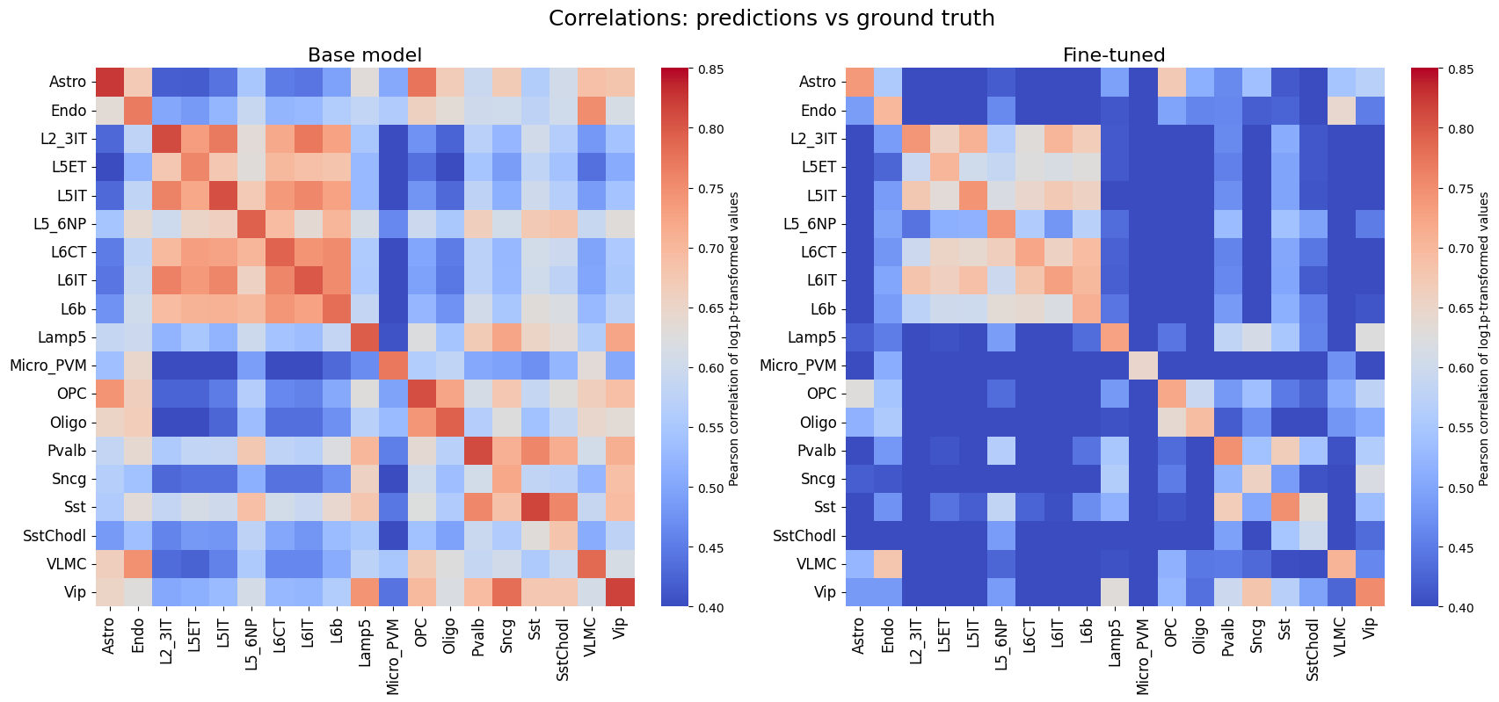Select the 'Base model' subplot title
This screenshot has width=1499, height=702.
[364, 55]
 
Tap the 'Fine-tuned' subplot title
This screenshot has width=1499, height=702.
[1114, 55]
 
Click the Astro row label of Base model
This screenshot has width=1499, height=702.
[68, 82]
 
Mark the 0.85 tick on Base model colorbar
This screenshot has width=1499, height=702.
[710, 69]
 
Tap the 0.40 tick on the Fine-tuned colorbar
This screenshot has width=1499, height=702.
[1460, 607]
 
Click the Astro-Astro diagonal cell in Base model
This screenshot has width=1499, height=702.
[109, 82]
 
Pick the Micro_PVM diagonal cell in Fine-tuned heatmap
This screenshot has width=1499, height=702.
[1142, 365]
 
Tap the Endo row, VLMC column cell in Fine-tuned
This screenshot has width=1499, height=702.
[1341, 111]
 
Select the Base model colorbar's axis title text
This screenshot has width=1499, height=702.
[735, 338]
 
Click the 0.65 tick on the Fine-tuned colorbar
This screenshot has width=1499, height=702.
[1460, 308]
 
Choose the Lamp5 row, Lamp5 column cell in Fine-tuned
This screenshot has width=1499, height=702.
[1114, 337]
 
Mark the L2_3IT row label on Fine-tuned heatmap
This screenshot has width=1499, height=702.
[810, 139]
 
